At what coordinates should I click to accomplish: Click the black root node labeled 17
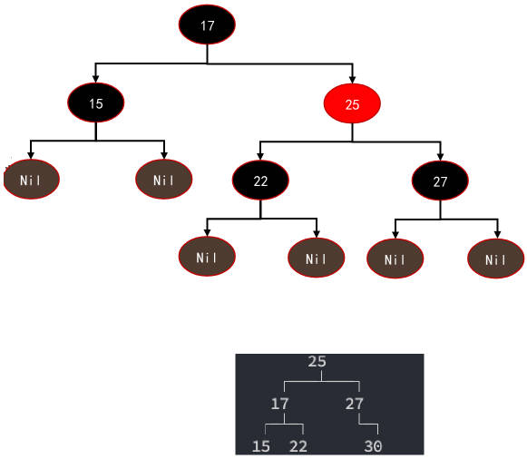(207, 24)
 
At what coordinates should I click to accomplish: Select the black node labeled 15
(96, 103)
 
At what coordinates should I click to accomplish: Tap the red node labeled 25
(352, 103)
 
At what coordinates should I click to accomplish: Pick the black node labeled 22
(260, 181)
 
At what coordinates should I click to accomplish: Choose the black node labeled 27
(440, 181)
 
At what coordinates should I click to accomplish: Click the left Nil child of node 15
(31, 180)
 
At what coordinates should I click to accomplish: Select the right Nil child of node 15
(164, 180)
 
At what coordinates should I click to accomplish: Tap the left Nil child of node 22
(207, 257)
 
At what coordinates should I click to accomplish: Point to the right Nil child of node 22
(317, 258)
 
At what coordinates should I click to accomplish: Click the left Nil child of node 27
(395, 259)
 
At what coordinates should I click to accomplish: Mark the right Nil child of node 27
(496, 259)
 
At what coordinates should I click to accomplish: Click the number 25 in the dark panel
(317, 362)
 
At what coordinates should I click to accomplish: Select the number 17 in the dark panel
(279, 404)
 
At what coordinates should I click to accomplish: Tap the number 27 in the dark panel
(355, 404)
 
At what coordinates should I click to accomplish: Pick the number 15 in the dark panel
(261, 446)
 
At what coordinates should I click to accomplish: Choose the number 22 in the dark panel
(298, 446)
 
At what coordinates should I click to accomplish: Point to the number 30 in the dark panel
(373, 446)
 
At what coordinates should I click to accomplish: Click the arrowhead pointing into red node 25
(352, 80)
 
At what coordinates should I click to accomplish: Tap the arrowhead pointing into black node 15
(96, 79)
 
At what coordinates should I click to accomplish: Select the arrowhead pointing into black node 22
(260, 157)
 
